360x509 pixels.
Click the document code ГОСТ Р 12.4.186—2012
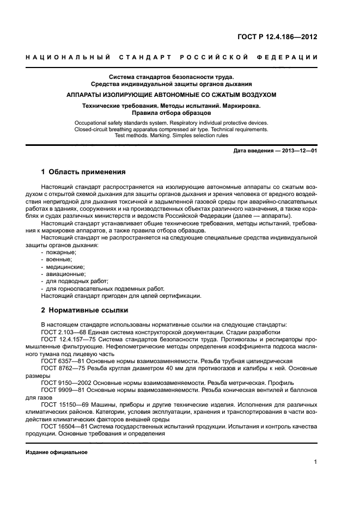point(277,38)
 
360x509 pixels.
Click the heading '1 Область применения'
point(83,171)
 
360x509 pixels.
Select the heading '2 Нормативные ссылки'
point(85,310)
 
